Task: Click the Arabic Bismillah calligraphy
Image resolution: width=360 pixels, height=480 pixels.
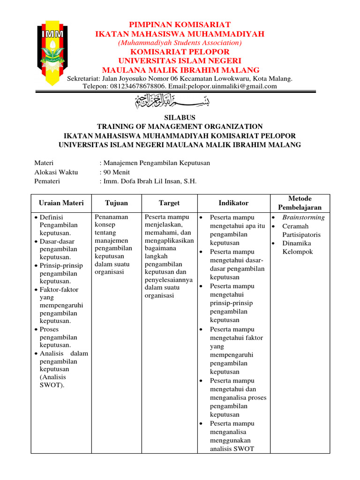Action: tap(180, 100)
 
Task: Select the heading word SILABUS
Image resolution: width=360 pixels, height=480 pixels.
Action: tap(180, 118)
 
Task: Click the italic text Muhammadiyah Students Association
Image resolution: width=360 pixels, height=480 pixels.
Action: tap(180, 43)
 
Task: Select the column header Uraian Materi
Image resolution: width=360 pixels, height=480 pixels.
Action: tap(61, 203)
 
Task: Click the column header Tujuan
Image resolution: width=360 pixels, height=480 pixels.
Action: tap(116, 203)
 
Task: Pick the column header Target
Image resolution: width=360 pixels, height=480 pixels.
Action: tap(169, 203)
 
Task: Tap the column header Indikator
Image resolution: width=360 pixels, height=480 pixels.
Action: tap(233, 203)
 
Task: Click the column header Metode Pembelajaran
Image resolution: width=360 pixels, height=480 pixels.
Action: tap(300, 203)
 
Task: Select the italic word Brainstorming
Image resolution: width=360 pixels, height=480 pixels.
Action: tap(303, 217)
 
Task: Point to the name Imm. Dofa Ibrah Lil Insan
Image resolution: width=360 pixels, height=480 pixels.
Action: tap(143, 181)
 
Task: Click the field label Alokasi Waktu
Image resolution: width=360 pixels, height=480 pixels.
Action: tap(56, 172)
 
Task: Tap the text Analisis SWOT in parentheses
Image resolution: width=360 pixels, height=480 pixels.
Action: tap(52, 381)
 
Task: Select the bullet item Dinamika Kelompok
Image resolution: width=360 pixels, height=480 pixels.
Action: tap(297, 247)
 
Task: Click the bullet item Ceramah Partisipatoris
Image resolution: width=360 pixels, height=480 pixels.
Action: tap(301, 231)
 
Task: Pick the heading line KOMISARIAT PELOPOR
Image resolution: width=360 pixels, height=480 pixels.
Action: tap(180, 52)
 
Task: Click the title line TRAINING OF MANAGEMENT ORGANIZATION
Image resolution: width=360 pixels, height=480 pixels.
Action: tap(180, 127)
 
